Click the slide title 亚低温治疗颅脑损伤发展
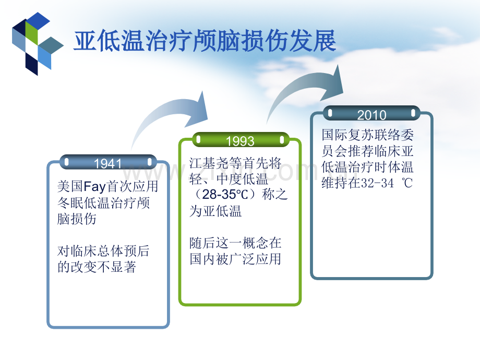tap(205, 41)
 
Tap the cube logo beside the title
tap(38, 43)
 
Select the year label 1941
tap(108, 164)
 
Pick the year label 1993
tap(240, 141)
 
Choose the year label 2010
tap(371, 115)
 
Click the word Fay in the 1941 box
tap(94, 186)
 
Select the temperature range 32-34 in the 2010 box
tap(377, 183)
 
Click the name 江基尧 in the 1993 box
tap(209, 163)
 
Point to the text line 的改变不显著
tap(97, 267)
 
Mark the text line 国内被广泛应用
tap(235, 259)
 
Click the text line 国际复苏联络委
tap(367, 135)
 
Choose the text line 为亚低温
tap(215, 211)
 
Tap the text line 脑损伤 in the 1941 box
tap(77, 219)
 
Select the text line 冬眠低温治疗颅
tap(103, 202)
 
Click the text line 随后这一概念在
tap(235, 243)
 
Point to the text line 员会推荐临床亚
tap(367, 151)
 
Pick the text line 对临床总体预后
tap(103, 251)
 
